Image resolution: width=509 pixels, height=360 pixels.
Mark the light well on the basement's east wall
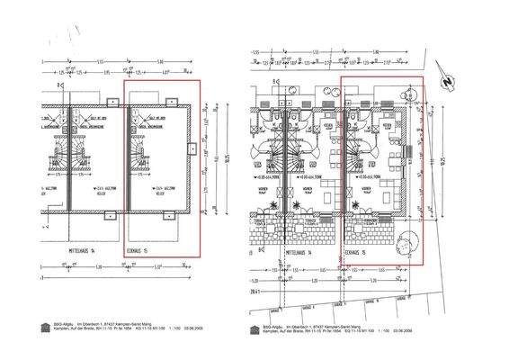click(191, 150)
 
